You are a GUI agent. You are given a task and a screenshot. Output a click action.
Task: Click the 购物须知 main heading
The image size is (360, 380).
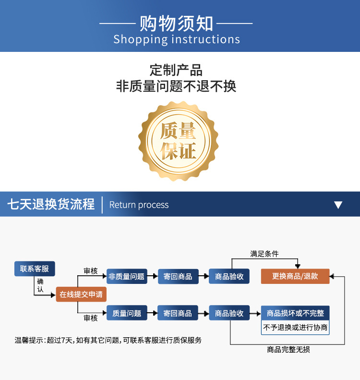click(x=176, y=23)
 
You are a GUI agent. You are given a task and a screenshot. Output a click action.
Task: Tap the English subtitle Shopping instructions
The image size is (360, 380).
click(x=177, y=39)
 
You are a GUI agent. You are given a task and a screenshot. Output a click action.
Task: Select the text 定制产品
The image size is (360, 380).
click(x=176, y=70)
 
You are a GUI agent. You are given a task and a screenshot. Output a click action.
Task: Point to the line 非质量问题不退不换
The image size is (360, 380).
click(x=176, y=86)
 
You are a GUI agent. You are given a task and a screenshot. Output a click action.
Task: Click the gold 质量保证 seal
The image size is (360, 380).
click(x=178, y=140)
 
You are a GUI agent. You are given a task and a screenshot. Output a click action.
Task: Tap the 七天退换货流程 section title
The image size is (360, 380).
click(x=51, y=204)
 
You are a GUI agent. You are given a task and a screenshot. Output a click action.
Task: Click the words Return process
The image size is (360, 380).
click(x=139, y=205)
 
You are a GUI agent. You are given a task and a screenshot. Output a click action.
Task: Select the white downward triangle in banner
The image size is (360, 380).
click(x=338, y=205)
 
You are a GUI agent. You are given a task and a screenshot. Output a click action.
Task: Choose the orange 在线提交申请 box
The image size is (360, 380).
click(x=81, y=294)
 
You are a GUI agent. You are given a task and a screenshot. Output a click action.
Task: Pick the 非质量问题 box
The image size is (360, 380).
click(x=127, y=276)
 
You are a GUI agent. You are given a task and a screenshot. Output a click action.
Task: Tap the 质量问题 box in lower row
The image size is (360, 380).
click(x=127, y=313)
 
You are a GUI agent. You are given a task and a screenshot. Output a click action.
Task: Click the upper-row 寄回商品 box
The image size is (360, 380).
click(x=178, y=276)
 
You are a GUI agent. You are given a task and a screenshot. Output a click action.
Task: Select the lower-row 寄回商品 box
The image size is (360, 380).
click(x=178, y=313)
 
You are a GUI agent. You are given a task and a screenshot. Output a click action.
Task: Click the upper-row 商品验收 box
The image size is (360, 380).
click(x=229, y=276)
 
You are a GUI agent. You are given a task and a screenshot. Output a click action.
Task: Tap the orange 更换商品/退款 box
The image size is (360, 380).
click(x=295, y=276)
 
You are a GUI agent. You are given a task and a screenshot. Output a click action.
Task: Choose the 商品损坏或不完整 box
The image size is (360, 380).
click(x=295, y=313)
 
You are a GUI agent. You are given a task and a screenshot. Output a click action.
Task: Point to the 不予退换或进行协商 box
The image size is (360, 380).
click(x=295, y=328)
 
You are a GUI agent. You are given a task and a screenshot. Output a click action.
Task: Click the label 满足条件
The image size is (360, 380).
click(x=264, y=254)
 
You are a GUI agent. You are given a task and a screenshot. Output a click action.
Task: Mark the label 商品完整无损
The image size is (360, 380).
click(x=288, y=350)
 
